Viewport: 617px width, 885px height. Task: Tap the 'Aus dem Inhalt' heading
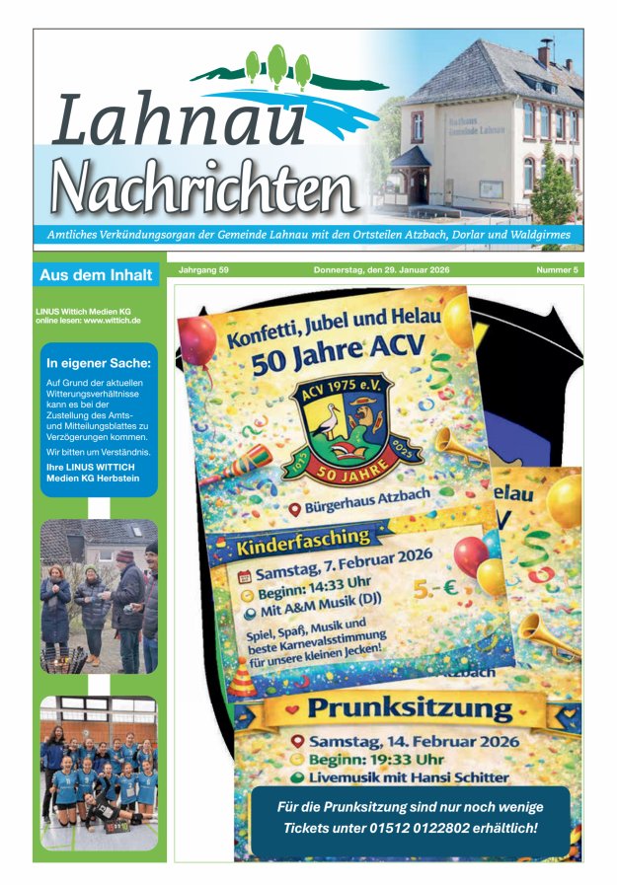point(96,274)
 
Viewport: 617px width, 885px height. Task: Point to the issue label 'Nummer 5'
point(557,269)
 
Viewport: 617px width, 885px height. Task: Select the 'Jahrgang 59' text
point(203,269)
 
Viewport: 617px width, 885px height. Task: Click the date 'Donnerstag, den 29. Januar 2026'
point(381,269)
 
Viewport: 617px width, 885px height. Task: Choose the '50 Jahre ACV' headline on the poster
point(337,354)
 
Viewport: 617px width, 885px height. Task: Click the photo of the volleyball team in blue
point(99,771)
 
